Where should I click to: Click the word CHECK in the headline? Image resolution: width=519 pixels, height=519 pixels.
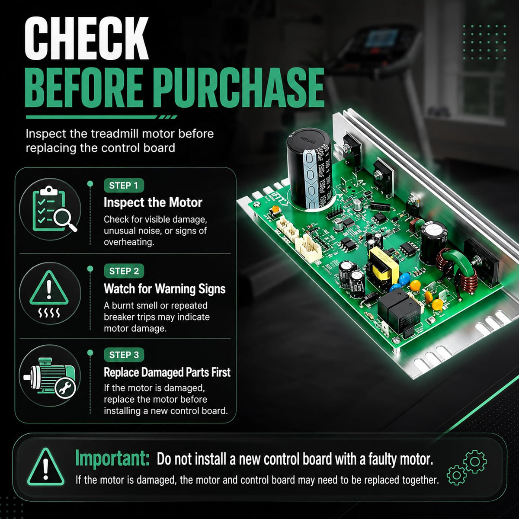[x=86, y=38]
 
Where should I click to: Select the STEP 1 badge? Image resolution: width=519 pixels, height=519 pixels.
[x=124, y=186]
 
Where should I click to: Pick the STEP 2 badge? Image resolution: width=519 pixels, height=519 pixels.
[x=124, y=271]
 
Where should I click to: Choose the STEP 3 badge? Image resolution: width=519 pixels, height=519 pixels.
[x=124, y=355]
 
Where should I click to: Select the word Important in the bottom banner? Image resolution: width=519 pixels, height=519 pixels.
[x=112, y=458]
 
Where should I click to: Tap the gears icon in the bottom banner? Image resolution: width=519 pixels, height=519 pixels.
[x=467, y=468]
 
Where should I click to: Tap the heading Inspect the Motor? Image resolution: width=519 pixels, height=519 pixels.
[x=153, y=202]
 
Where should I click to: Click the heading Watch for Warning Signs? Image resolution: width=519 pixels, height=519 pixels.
[x=164, y=289]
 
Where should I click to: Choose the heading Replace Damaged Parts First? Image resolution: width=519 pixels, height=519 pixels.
[x=167, y=372]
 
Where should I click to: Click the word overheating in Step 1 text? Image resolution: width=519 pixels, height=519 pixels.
[x=129, y=242]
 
